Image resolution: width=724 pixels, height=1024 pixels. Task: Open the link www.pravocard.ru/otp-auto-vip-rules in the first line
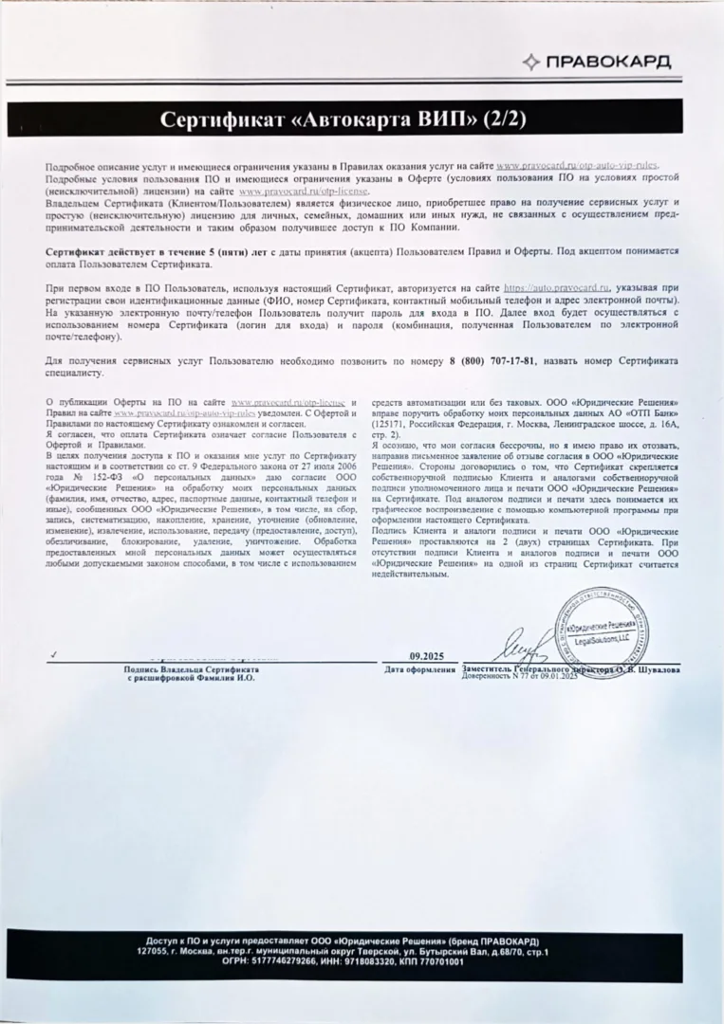(x=576, y=167)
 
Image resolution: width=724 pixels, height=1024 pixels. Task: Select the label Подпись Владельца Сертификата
(x=191, y=669)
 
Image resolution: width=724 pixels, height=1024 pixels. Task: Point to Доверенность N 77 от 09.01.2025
(x=520, y=677)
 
